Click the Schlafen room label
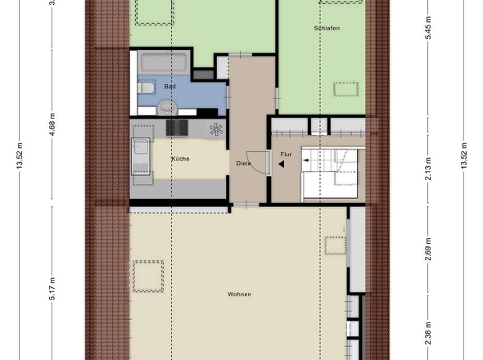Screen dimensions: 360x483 click(x=326, y=28)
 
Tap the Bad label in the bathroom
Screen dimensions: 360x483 click(x=169, y=86)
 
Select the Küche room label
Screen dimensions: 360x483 click(x=180, y=159)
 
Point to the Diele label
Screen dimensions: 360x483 click(x=243, y=162)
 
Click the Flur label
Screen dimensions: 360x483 click(x=286, y=153)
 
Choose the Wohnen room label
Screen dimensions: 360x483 click(x=240, y=295)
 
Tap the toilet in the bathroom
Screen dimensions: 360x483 click(x=144, y=86)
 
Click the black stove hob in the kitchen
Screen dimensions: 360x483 click(x=178, y=128)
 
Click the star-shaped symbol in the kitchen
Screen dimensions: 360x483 click(x=215, y=128)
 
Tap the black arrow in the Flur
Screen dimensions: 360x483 click(x=280, y=164)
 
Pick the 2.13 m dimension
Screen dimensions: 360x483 click(x=427, y=170)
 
